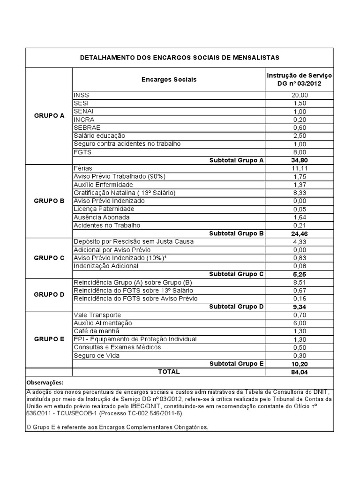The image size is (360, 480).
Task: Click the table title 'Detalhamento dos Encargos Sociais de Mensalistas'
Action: click(x=180, y=58)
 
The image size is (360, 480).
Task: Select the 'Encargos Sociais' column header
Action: click(x=169, y=80)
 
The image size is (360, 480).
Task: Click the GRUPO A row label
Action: click(x=49, y=115)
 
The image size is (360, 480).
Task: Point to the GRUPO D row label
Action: click(x=49, y=294)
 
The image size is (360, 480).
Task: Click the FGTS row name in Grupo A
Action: click(x=82, y=152)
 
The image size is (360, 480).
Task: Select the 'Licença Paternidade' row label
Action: click(x=104, y=209)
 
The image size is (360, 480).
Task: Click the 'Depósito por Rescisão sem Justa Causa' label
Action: click(x=133, y=241)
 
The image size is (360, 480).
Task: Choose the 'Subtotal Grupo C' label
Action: click(x=236, y=274)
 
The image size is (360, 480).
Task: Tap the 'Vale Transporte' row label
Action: click(x=97, y=315)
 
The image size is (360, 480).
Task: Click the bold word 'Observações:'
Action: click(x=45, y=382)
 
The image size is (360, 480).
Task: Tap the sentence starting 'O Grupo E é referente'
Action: click(x=117, y=427)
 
